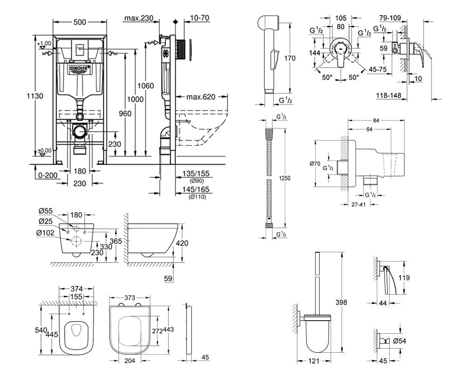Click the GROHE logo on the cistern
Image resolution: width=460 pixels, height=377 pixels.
79,69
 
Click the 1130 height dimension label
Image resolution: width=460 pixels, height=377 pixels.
35,96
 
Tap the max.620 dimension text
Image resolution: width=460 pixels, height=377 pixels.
201,97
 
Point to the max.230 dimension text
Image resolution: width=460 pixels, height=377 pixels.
139,18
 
